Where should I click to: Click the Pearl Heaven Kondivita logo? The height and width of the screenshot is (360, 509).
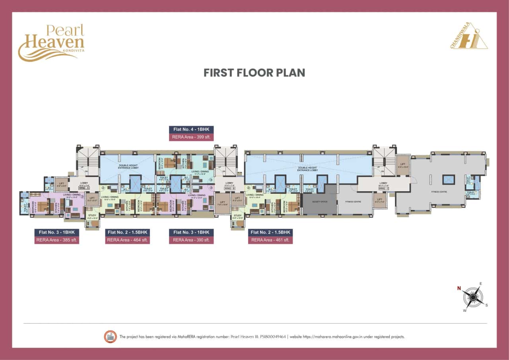[x=51, y=43]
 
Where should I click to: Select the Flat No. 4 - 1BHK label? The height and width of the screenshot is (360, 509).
[x=191, y=129]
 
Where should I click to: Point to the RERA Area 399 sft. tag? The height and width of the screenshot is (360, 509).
[x=191, y=137]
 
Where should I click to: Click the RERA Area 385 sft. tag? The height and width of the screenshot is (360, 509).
[x=57, y=240]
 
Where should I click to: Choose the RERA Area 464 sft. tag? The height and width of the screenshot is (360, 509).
[x=127, y=240]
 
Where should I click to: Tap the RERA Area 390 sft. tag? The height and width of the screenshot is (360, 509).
[x=191, y=240]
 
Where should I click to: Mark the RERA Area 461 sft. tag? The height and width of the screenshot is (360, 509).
[x=270, y=240]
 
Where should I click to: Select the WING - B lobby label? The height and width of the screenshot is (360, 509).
[x=229, y=188]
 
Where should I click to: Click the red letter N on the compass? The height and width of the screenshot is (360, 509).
[x=458, y=288]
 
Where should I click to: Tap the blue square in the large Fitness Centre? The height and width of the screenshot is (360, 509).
[x=449, y=179]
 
